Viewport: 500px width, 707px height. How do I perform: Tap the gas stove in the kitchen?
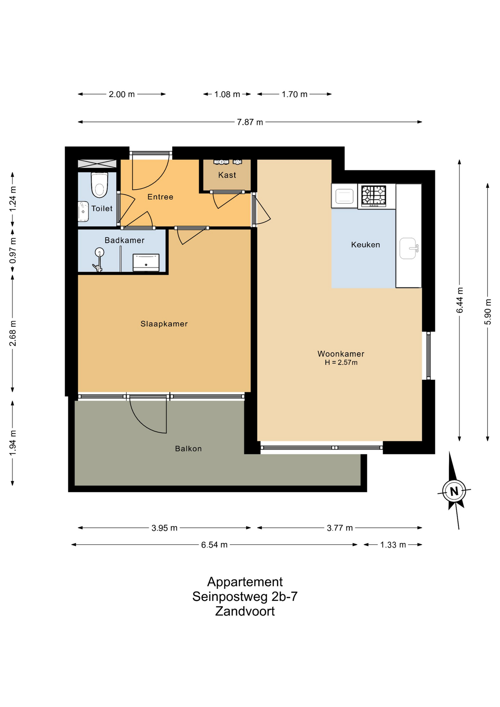click(x=374, y=196)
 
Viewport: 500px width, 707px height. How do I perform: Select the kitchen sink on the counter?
click(x=408, y=249)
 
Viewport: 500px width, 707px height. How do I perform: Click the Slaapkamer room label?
click(x=164, y=324)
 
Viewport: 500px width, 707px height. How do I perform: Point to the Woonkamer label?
click(x=341, y=354)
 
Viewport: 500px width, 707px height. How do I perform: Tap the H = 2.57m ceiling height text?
click(x=341, y=363)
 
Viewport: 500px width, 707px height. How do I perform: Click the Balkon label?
click(x=189, y=449)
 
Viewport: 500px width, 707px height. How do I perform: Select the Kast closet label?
click(x=227, y=175)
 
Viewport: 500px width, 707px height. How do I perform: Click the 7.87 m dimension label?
click(x=250, y=122)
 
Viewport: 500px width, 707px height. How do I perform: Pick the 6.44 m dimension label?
click(x=460, y=300)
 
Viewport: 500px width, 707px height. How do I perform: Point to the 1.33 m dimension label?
click(x=393, y=545)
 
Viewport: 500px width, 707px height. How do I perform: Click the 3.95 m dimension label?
click(x=165, y=528)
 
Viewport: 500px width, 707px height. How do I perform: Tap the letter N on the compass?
click(x=454, y=491)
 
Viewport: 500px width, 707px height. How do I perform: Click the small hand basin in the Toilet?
click(x=83, y=211)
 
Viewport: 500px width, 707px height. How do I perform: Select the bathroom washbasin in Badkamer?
click(x=146, y=263)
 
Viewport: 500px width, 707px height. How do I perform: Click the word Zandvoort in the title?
click(x=245, y=611)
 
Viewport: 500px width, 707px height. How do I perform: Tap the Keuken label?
click(x=366, y=245)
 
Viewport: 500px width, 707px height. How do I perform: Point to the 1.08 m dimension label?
click(x=227, y=95)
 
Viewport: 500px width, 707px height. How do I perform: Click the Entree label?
click(x=161, y=197)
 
